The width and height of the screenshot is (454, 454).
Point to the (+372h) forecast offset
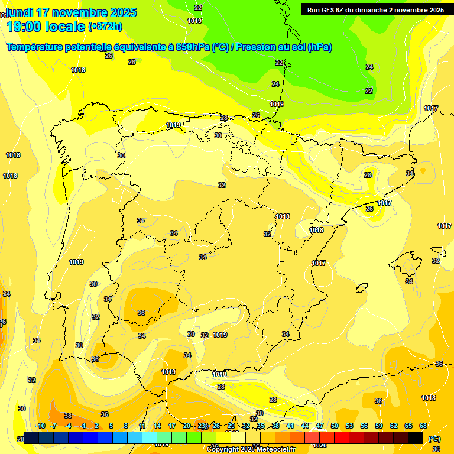105,27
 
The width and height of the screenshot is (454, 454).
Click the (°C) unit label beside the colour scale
434,439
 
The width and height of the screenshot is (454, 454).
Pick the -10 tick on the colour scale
41,426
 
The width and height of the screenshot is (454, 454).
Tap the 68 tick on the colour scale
423,426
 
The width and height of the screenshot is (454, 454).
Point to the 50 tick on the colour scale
335,426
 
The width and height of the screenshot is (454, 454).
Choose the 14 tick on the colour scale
157,426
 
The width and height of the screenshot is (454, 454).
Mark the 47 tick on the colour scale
320,426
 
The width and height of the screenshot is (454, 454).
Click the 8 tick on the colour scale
126,426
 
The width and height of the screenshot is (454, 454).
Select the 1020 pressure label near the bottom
319,445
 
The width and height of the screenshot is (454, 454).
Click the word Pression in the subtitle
256,47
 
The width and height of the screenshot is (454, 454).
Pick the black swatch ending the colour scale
416,437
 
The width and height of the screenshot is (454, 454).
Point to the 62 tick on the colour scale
394,426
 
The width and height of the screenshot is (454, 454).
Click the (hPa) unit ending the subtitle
320,47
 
